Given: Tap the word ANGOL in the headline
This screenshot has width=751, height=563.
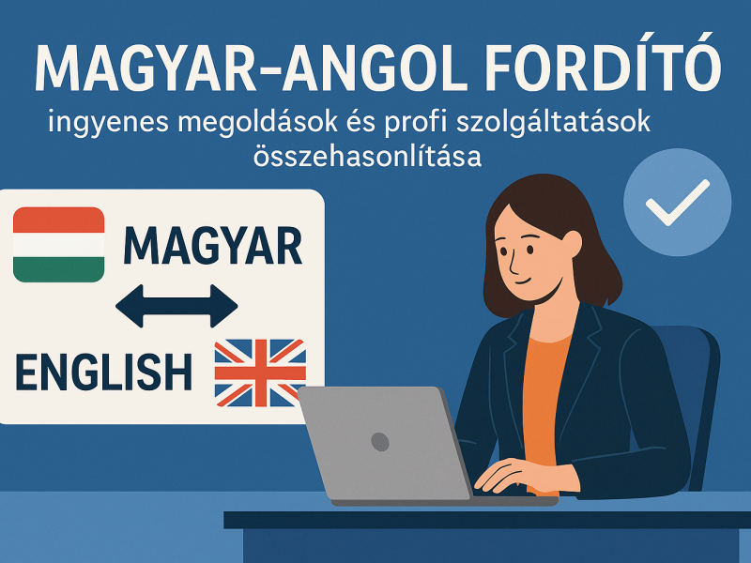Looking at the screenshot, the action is tap(375, 68).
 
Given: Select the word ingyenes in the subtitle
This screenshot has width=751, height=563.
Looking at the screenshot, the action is tap(108, 123).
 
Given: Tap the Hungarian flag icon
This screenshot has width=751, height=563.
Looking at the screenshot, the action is tap(59, 244).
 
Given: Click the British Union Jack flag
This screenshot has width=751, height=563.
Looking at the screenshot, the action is tap(260, 373).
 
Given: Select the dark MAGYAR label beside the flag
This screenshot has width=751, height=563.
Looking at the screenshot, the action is tap(213, 246).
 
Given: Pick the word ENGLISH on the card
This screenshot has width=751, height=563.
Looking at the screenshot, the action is tap(104, 372).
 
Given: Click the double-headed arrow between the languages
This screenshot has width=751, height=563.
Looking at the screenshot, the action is tap(176, 306).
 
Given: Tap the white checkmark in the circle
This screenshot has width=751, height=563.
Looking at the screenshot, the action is tap(677, 202).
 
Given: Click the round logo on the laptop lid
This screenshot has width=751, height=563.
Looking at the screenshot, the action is tap(380, 441).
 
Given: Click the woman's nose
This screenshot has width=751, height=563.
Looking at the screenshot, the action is tap(513, 265).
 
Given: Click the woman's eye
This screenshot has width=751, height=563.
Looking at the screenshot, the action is tap(530, 250).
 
